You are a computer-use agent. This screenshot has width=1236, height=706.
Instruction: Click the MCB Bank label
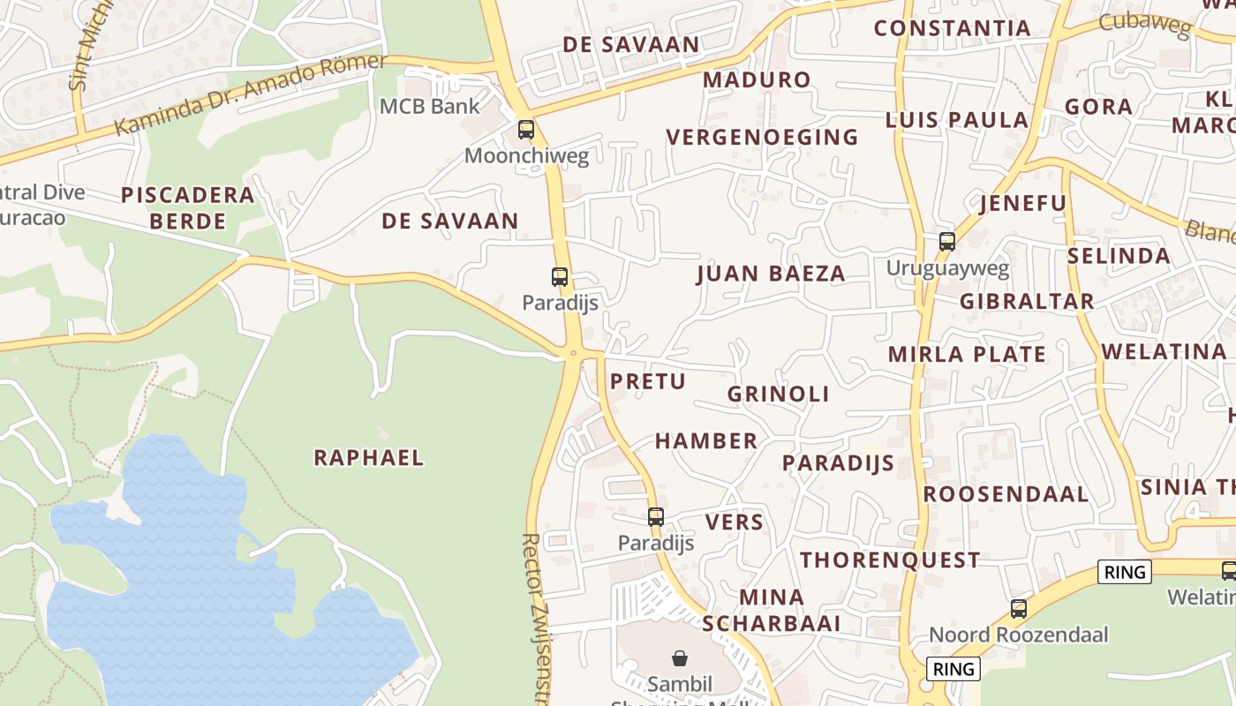(x=429, y=107)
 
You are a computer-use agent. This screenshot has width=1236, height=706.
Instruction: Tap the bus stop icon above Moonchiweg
(x=526, y=130)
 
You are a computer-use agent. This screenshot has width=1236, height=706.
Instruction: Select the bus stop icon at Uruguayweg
(x=947, y=241)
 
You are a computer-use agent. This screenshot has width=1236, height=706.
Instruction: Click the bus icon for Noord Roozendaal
(x=1019, y=608)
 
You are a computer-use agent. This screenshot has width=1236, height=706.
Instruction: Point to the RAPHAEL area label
(x=369, y=457)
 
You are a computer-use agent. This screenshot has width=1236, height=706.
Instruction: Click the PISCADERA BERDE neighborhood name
(x=187, y=207)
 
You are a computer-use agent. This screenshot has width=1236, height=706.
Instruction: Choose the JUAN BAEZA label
(x=771, y=274)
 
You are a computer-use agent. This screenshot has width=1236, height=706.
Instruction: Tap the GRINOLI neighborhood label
(x=778, y=394)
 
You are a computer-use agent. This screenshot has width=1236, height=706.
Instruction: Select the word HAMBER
(x=706, y=440)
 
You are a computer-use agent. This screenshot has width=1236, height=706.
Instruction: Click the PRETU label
(x=648, y=381)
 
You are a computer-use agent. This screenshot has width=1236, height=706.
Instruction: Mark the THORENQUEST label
(x=890, y=560)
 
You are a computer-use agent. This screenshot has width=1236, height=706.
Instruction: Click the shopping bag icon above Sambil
(x=680, y=657)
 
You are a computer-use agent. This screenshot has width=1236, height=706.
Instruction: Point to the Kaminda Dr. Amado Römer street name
(x=251, y=94)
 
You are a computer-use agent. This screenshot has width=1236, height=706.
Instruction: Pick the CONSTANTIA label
(x=953, y=28)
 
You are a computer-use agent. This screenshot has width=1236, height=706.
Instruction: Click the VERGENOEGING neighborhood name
(x=762, y=137)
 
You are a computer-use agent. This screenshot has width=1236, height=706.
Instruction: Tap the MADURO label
(x=757, y=79)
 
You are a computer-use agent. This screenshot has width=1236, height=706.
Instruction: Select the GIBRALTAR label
(x=1027, y=301)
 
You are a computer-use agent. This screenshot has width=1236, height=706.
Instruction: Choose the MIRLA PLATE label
(x=967, y=355)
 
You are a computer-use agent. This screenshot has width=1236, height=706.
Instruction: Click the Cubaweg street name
(x=1145, y=23)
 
